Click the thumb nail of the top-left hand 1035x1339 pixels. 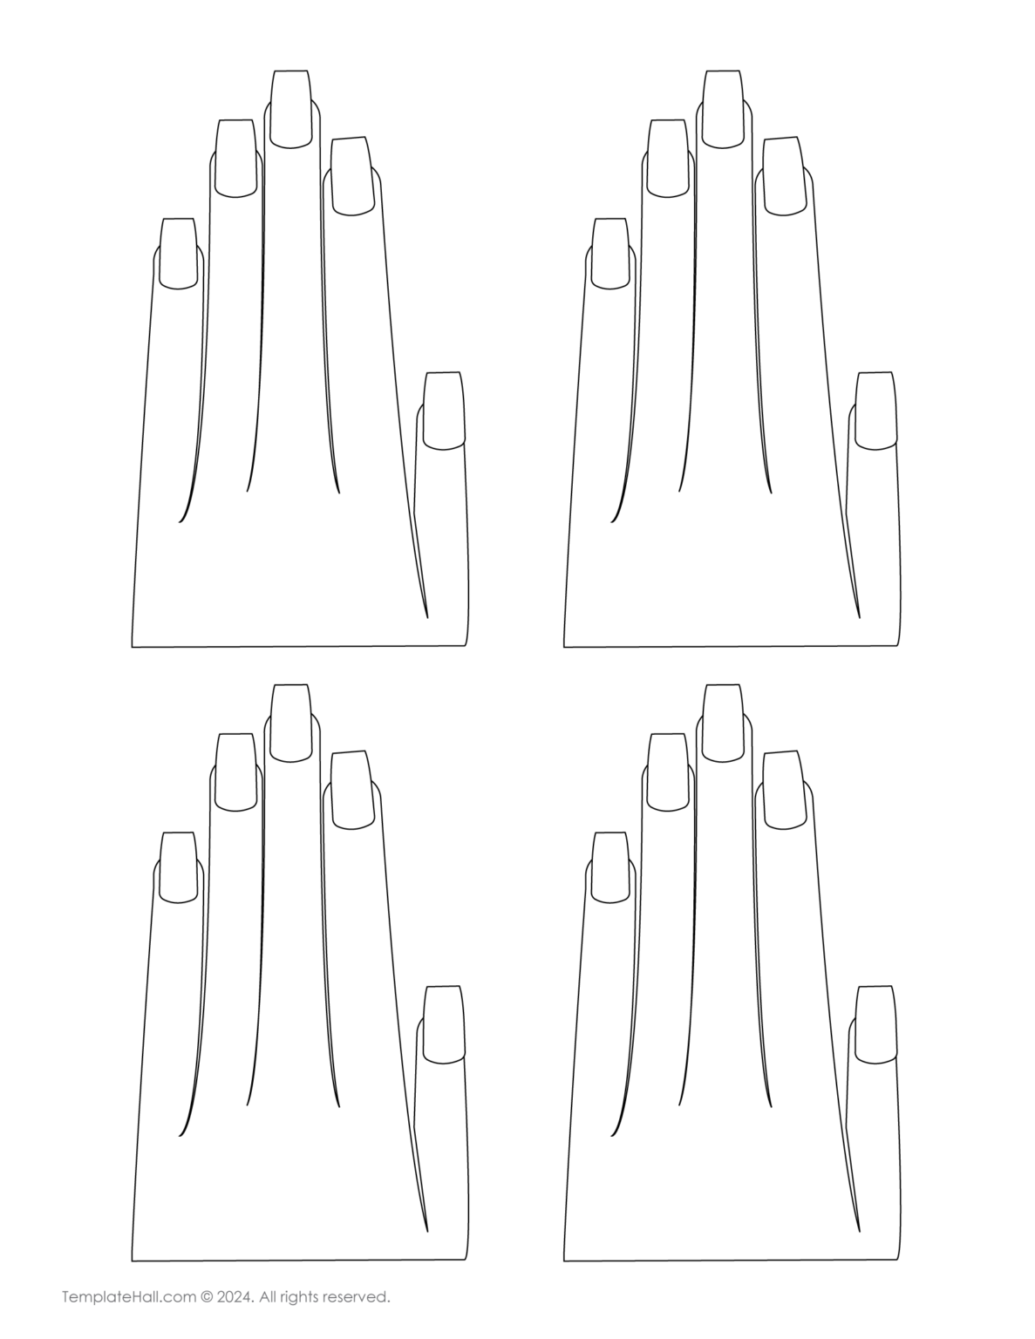[x=443, y=411]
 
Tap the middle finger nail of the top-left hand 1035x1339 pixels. [x=290, y=108]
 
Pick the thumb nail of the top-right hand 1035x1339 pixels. [x=875, y=411]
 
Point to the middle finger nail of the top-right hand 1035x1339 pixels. [x=723, y=108]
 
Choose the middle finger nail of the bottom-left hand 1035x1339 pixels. [x=290, y=722]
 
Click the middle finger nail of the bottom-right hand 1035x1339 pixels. [x=723, y=722]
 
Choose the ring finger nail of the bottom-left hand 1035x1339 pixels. [x=236, y=772]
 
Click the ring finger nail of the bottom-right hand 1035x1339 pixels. [x=668, y=772]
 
